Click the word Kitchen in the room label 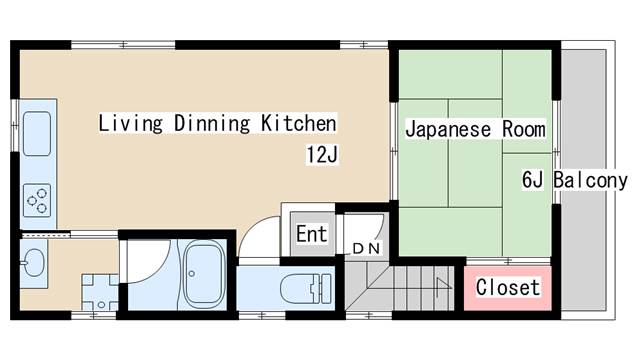pos(299,123)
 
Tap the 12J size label pos(322,155)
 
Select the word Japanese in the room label pos(448,129)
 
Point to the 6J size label pos(532,180)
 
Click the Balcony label pos(590,180)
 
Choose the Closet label pos(508,287)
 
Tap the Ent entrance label pos(311,234)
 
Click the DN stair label pos(366,248)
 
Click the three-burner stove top pos(37,200)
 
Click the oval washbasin pos(33,262)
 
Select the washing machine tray pos(100,292)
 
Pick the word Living pos(131,123)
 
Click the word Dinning pos(212,123)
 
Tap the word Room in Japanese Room pos(524,129)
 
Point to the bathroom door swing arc pos(155,269)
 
